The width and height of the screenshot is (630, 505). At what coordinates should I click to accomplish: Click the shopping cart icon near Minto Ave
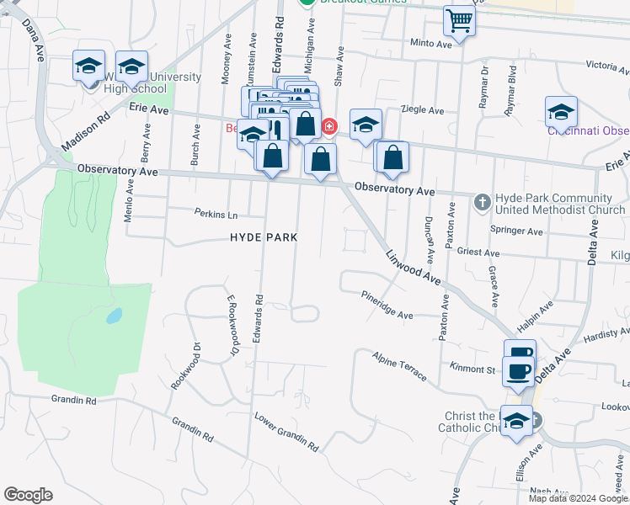click(x=459, y=19)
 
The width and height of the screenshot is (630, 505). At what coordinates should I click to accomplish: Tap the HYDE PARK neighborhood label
click(x=264, y=238)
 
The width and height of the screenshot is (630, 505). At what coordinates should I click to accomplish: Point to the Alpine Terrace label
click(x=400, y=366)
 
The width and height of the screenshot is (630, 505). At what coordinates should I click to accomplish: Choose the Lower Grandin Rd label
click(x=286, y=432)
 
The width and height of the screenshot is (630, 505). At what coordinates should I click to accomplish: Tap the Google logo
click(x=28, y=495)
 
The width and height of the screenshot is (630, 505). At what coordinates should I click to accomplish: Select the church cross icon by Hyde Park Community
click(x=482, y=202)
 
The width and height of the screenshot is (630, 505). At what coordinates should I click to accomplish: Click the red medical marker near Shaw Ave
click(x=328, y=127)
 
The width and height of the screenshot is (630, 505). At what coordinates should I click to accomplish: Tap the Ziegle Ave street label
click(x=424, y=110)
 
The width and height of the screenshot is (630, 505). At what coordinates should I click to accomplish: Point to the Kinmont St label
click(x=472, y=369)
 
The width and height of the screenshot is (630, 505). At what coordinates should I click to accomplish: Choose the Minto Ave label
click(x=431, y=43)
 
